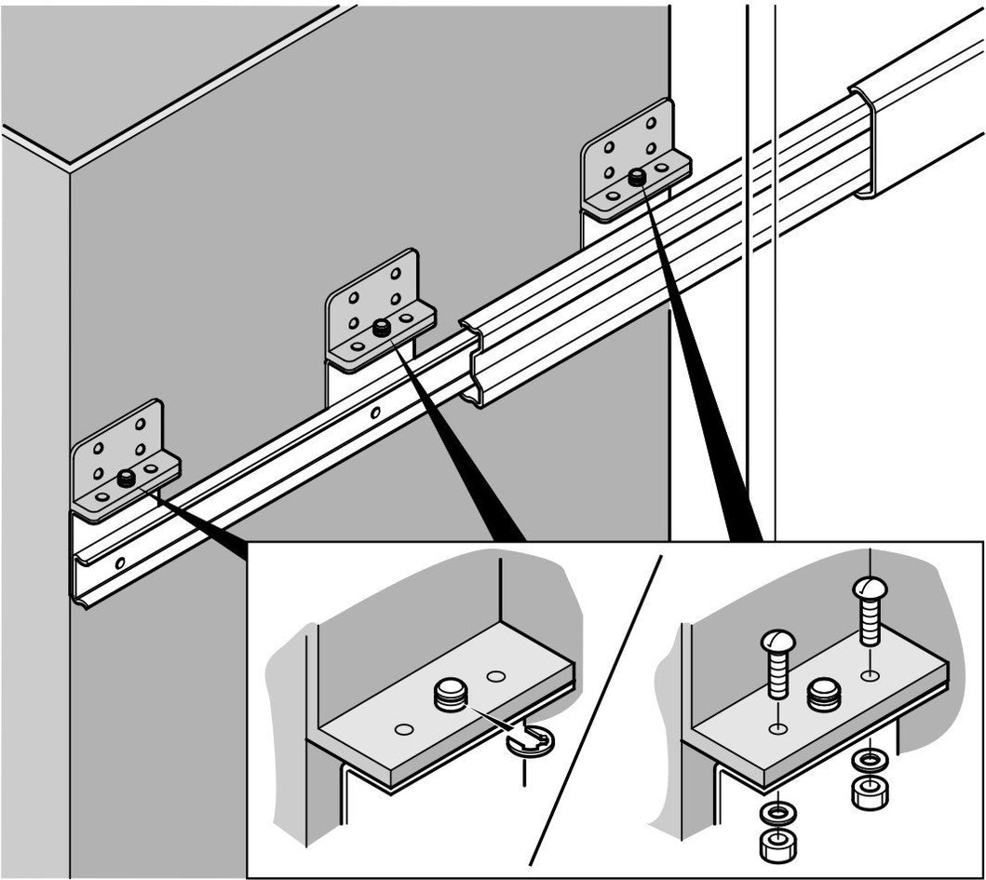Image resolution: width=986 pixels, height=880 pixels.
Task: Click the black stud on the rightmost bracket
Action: point(638,176)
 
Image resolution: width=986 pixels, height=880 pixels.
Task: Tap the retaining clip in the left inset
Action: point(530,742)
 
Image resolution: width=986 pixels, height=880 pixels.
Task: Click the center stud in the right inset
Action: point(824,694)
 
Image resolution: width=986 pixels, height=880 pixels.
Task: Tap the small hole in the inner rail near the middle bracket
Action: point(375,412)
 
